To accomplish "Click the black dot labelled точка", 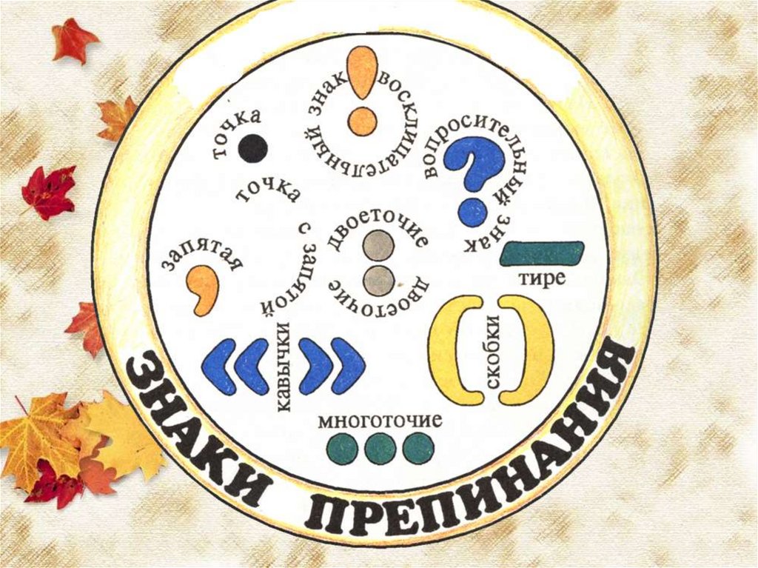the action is pyautogui.click(x=252, y=148).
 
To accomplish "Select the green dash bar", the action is pyautogui.click(x=542, y=253).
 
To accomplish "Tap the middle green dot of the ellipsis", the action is pyautogui.click(x=380, y=449).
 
